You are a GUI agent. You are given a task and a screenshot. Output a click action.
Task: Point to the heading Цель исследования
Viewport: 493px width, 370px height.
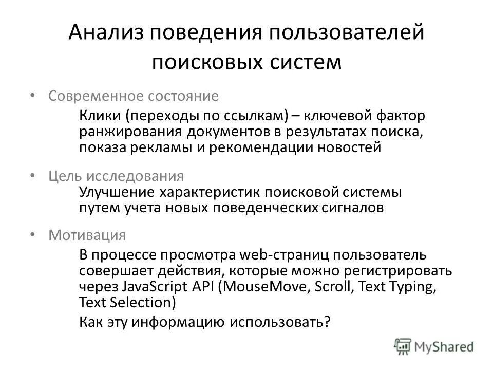click(116, 176)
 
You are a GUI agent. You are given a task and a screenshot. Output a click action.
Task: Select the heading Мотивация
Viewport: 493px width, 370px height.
click(87, 235)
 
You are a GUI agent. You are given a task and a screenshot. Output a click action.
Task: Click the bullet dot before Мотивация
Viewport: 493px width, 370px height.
click(33, 234)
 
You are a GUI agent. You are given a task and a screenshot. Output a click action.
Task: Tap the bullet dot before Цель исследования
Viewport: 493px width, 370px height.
click(33, 175)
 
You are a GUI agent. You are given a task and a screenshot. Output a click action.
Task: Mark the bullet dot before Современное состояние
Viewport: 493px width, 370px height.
click(33, 95)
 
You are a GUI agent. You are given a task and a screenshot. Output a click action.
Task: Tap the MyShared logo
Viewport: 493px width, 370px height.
click(434, 346)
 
